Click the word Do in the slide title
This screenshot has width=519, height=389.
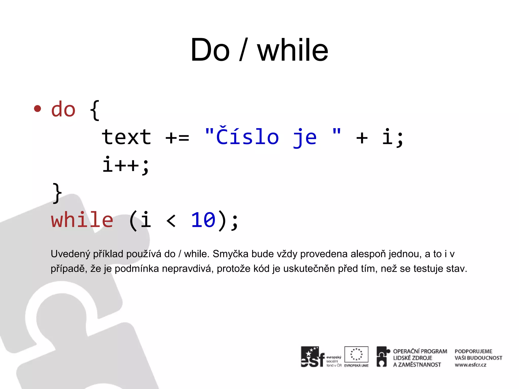click(210, 50)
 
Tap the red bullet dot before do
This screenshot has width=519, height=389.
click(38, 109)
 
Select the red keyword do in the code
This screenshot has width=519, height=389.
click(63, 110)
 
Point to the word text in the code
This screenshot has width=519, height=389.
click(126, 137)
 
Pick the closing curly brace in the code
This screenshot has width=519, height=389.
click(57, 193)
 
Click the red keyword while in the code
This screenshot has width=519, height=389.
click(82, 220)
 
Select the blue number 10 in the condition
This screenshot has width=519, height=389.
click(203, 220)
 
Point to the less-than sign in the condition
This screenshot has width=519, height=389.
click(171, 220)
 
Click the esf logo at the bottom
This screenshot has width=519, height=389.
click(313, 357)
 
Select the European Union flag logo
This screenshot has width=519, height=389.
click(356, 355)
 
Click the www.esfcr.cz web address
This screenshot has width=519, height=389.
click(470, 365)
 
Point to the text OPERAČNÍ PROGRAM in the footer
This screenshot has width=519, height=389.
click(420, 351)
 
